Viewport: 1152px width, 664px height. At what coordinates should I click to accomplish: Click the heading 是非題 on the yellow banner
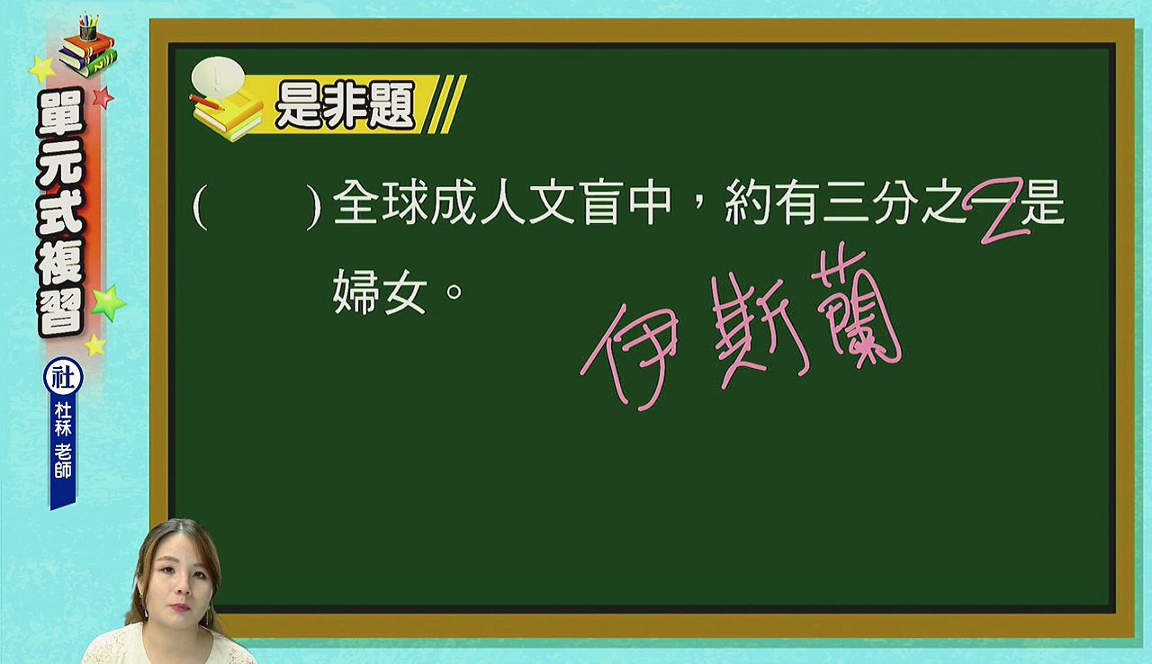coord(345,106)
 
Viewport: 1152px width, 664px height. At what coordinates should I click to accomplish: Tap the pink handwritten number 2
coord(998,211)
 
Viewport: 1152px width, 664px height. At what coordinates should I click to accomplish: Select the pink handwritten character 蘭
coord(855,308)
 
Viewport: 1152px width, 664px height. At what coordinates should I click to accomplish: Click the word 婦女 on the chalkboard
coord(380,292)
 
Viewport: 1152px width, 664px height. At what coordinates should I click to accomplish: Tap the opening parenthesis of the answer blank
coord(200,207)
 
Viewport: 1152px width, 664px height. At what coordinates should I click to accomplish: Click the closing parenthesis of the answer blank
coord(313,207)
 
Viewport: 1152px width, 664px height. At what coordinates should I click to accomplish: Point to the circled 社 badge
coord(63,377)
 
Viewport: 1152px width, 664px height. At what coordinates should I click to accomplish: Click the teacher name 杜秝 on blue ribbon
coord(63,419)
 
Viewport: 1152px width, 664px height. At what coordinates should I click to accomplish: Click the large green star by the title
coord(109,302)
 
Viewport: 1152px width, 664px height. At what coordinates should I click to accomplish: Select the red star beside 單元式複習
coord(103,97)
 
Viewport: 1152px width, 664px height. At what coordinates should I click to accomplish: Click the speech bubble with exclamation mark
coord(218,77)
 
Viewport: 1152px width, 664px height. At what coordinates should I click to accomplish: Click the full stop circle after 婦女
coord(454,292)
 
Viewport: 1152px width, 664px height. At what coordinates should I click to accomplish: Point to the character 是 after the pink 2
coord(1043,202)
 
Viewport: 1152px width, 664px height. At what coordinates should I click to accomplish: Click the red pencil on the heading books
coord(207,102)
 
